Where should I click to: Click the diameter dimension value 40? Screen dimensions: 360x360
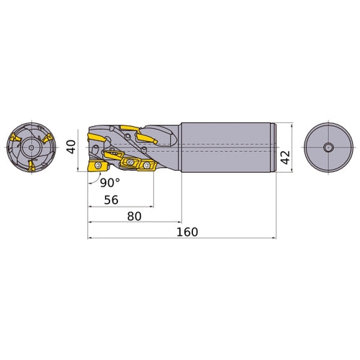point(71,147)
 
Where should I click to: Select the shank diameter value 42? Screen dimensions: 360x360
point(285,158)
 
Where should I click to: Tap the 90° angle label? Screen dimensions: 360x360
point(109,183)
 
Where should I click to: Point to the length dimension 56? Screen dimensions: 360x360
point(111,199)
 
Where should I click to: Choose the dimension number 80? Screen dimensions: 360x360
point(134,216)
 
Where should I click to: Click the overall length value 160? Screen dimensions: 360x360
point(187,232)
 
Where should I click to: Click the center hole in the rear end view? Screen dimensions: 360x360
point(328,148)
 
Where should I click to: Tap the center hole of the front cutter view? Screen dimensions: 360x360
point(31,148)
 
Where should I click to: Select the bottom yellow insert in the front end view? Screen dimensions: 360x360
point(31,166)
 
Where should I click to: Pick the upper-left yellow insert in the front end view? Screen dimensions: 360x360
point(15,138)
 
